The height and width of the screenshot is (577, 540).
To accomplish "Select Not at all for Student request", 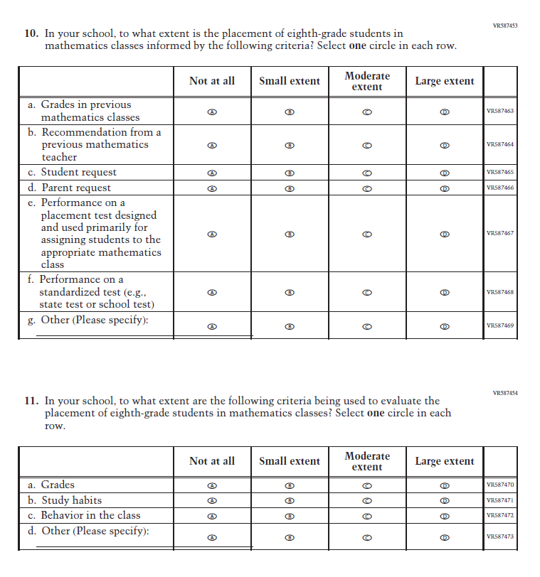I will tap(211, 173).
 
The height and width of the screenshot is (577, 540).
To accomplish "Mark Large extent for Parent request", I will tap(445, 188).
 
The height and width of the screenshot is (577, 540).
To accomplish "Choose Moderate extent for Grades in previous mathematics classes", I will tap(367, 112).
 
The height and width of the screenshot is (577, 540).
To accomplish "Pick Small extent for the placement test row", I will tap(290, 234).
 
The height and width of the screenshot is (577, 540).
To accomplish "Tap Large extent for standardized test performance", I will tap(445, 292).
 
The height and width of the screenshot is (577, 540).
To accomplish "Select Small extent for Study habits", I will tap(290, 500).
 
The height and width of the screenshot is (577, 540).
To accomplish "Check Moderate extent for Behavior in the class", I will tap(367, 516).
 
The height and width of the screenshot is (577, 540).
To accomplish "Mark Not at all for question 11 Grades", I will tap(211, 485).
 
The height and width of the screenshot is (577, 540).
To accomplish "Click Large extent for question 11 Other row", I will tap(445, 538).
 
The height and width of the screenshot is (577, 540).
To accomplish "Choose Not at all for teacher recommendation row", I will tap(211, 145).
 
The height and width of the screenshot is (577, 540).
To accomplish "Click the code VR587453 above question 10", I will tap(504, 26).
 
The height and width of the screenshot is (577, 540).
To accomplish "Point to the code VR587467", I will tap(499, 233).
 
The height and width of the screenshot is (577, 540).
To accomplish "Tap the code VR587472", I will tap(499, 515).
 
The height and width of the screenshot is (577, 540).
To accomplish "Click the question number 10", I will tap(31, 33).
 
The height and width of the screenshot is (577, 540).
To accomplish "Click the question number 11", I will tap(31, 401).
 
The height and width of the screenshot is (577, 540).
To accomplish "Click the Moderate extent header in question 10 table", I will tap(367, 81).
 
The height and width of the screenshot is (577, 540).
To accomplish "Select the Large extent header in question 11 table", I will tap(445, 461).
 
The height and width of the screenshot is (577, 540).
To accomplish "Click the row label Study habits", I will tap(70, 500).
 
